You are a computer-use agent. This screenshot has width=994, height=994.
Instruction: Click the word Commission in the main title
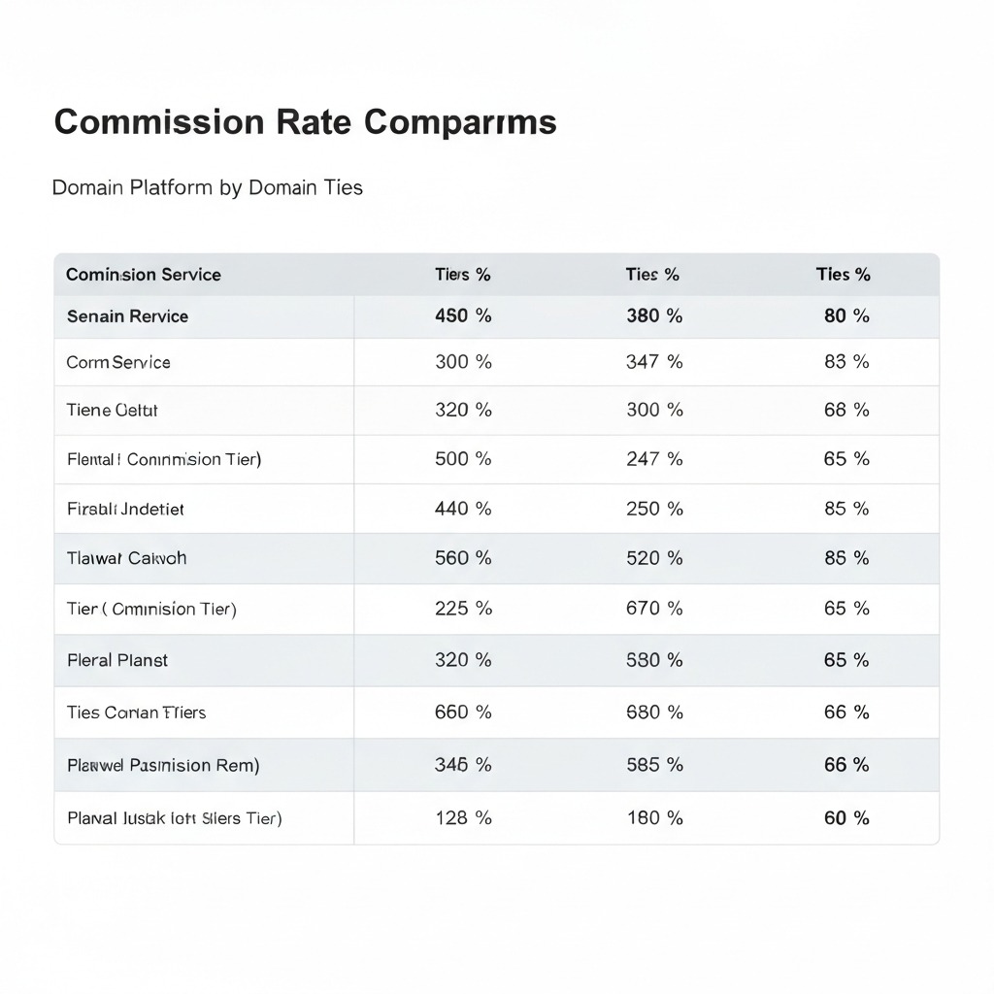158,122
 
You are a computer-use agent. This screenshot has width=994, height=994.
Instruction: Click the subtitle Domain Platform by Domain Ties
207,187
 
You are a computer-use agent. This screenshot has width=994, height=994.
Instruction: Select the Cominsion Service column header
144,275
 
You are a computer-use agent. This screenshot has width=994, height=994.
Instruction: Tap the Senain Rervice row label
127,316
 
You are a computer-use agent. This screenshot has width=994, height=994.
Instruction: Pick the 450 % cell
463,316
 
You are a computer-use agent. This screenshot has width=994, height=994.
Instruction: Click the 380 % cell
654,316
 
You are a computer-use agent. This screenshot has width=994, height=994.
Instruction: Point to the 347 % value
654,362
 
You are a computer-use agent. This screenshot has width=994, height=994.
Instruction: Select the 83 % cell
846,362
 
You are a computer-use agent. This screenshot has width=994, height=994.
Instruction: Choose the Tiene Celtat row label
112,411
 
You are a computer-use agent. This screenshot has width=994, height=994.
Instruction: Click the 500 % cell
463,459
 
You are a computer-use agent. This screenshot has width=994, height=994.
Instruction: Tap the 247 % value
654,459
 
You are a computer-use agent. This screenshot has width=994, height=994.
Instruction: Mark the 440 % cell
463,509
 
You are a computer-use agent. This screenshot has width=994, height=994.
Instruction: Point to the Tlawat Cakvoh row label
126,558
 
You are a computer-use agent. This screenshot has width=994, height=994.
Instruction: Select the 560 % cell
463,558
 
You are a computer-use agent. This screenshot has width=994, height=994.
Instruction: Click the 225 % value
463,609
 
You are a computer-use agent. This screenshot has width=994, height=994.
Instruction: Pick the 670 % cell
654,609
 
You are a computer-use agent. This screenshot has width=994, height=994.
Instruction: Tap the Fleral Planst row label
117,660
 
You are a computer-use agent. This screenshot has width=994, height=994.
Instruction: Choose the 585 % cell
654,765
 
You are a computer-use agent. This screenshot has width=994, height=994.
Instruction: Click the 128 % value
463,818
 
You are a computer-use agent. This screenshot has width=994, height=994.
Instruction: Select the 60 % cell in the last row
846,818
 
